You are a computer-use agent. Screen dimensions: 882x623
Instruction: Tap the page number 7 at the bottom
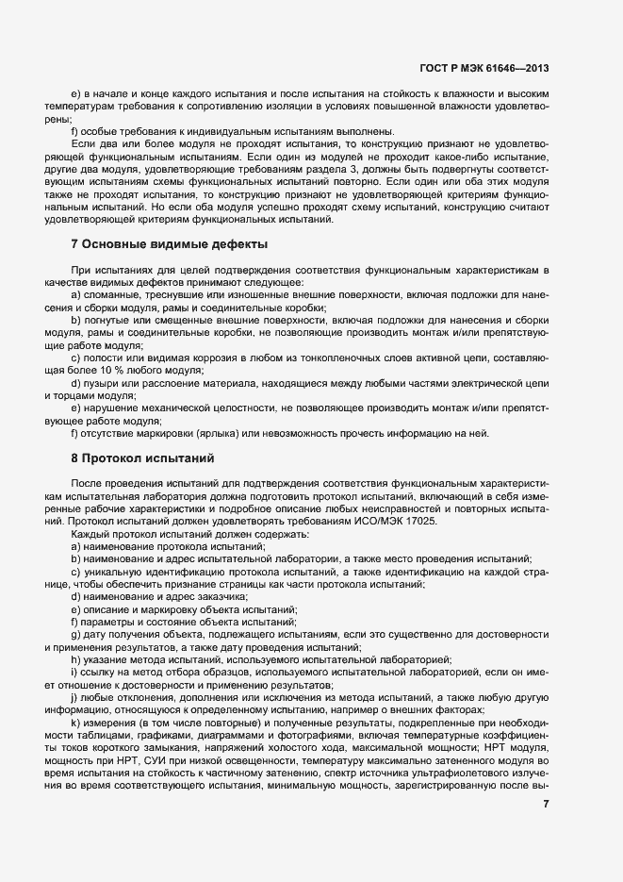547,804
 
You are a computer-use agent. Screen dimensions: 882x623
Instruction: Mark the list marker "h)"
76,658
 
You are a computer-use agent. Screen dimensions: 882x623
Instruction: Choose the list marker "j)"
75,696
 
